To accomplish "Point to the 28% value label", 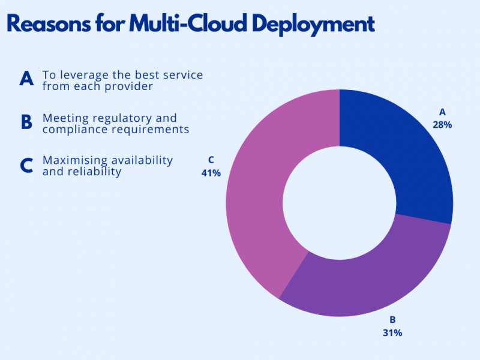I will [442, 125].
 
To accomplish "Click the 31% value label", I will [392, 332].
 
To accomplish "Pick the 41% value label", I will [211, 173].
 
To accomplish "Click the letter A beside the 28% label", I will [443, 112].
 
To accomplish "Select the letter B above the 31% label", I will [392, 319].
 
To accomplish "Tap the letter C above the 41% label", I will [211, 160].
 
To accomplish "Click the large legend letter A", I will [26, 79].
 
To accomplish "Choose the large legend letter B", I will [26, 122].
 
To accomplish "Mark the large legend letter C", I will [26, 165].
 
